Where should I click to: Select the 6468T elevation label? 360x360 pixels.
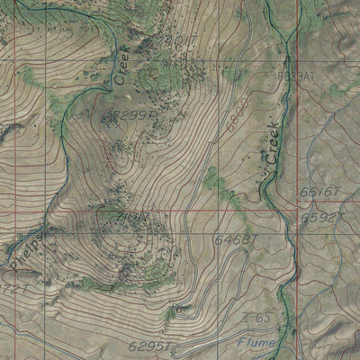point(236,238)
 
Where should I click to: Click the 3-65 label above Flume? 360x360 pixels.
point(256,319)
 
